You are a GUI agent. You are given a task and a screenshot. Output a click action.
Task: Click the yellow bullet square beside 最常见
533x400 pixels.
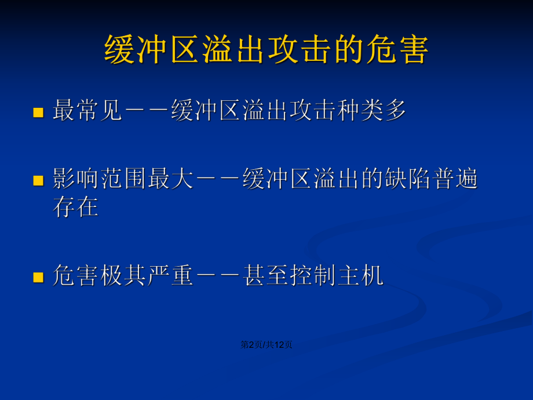(x=38, y=112)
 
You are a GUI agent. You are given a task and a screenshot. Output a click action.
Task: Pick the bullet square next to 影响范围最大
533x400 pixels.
(x=38, y=181)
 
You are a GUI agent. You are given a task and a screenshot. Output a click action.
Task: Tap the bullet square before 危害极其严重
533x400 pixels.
(x=38, y=277)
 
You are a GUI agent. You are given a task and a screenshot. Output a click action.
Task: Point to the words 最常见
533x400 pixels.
(x=87, y=110)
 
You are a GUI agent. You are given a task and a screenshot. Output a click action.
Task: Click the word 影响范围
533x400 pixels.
(x=100, y=179)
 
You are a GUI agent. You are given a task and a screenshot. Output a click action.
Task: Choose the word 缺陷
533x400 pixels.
(x=407, y=179)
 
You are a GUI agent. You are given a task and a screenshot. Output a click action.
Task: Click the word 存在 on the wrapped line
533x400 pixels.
(x=76, y=206)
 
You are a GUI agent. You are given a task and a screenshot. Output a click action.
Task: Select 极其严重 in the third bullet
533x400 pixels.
(x=147, y=275)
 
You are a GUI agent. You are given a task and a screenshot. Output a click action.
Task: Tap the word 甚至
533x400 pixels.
(x=265, y=275)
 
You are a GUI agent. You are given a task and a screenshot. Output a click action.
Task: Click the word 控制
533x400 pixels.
(x=313, y=275)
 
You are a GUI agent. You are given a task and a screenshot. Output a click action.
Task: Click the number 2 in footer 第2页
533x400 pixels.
(x=251, y=345)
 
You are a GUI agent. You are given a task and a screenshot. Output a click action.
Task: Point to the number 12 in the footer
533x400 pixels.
(x=279, y=345)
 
